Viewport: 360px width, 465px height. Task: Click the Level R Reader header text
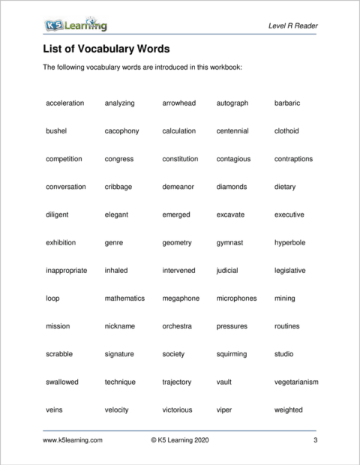(x=292, y=26)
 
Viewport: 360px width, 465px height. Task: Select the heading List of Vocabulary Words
(x=106, y=49)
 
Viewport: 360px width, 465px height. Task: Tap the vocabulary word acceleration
(x=64, y=103)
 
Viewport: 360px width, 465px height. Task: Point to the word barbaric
(x=287, y=103)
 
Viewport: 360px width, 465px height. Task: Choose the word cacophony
(x=121, y=131)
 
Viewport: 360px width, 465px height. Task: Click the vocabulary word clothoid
(x=286, y=131)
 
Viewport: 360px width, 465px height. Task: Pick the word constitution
(x=180, y=159)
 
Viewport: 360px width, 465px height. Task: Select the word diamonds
(x=234, y=187)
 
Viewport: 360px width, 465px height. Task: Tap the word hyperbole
(x=290, y=243)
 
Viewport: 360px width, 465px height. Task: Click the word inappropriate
(x=66, y=271)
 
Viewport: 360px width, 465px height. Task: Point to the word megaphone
(x=181, y=298)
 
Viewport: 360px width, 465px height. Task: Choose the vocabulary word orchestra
(x=177, y=326)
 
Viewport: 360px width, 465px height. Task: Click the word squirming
(x=233, y=355)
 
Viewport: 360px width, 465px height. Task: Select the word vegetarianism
(x=296, y=382)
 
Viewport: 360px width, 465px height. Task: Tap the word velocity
(x=117, y=410)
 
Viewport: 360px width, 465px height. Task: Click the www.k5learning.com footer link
(x=73, y=441)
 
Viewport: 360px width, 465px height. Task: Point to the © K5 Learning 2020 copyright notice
(x=180, y=441)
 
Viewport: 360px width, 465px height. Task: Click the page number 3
(x=316, y=441)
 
